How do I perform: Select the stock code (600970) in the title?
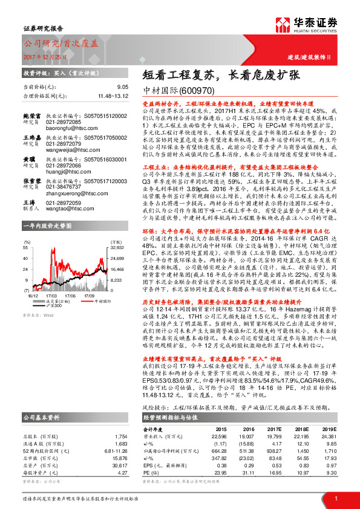click(x=197, y=89)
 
